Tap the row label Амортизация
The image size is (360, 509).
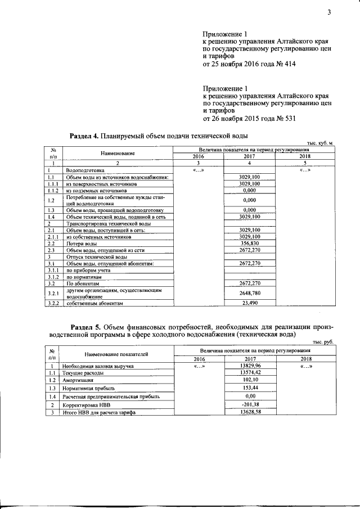[78, 380]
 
